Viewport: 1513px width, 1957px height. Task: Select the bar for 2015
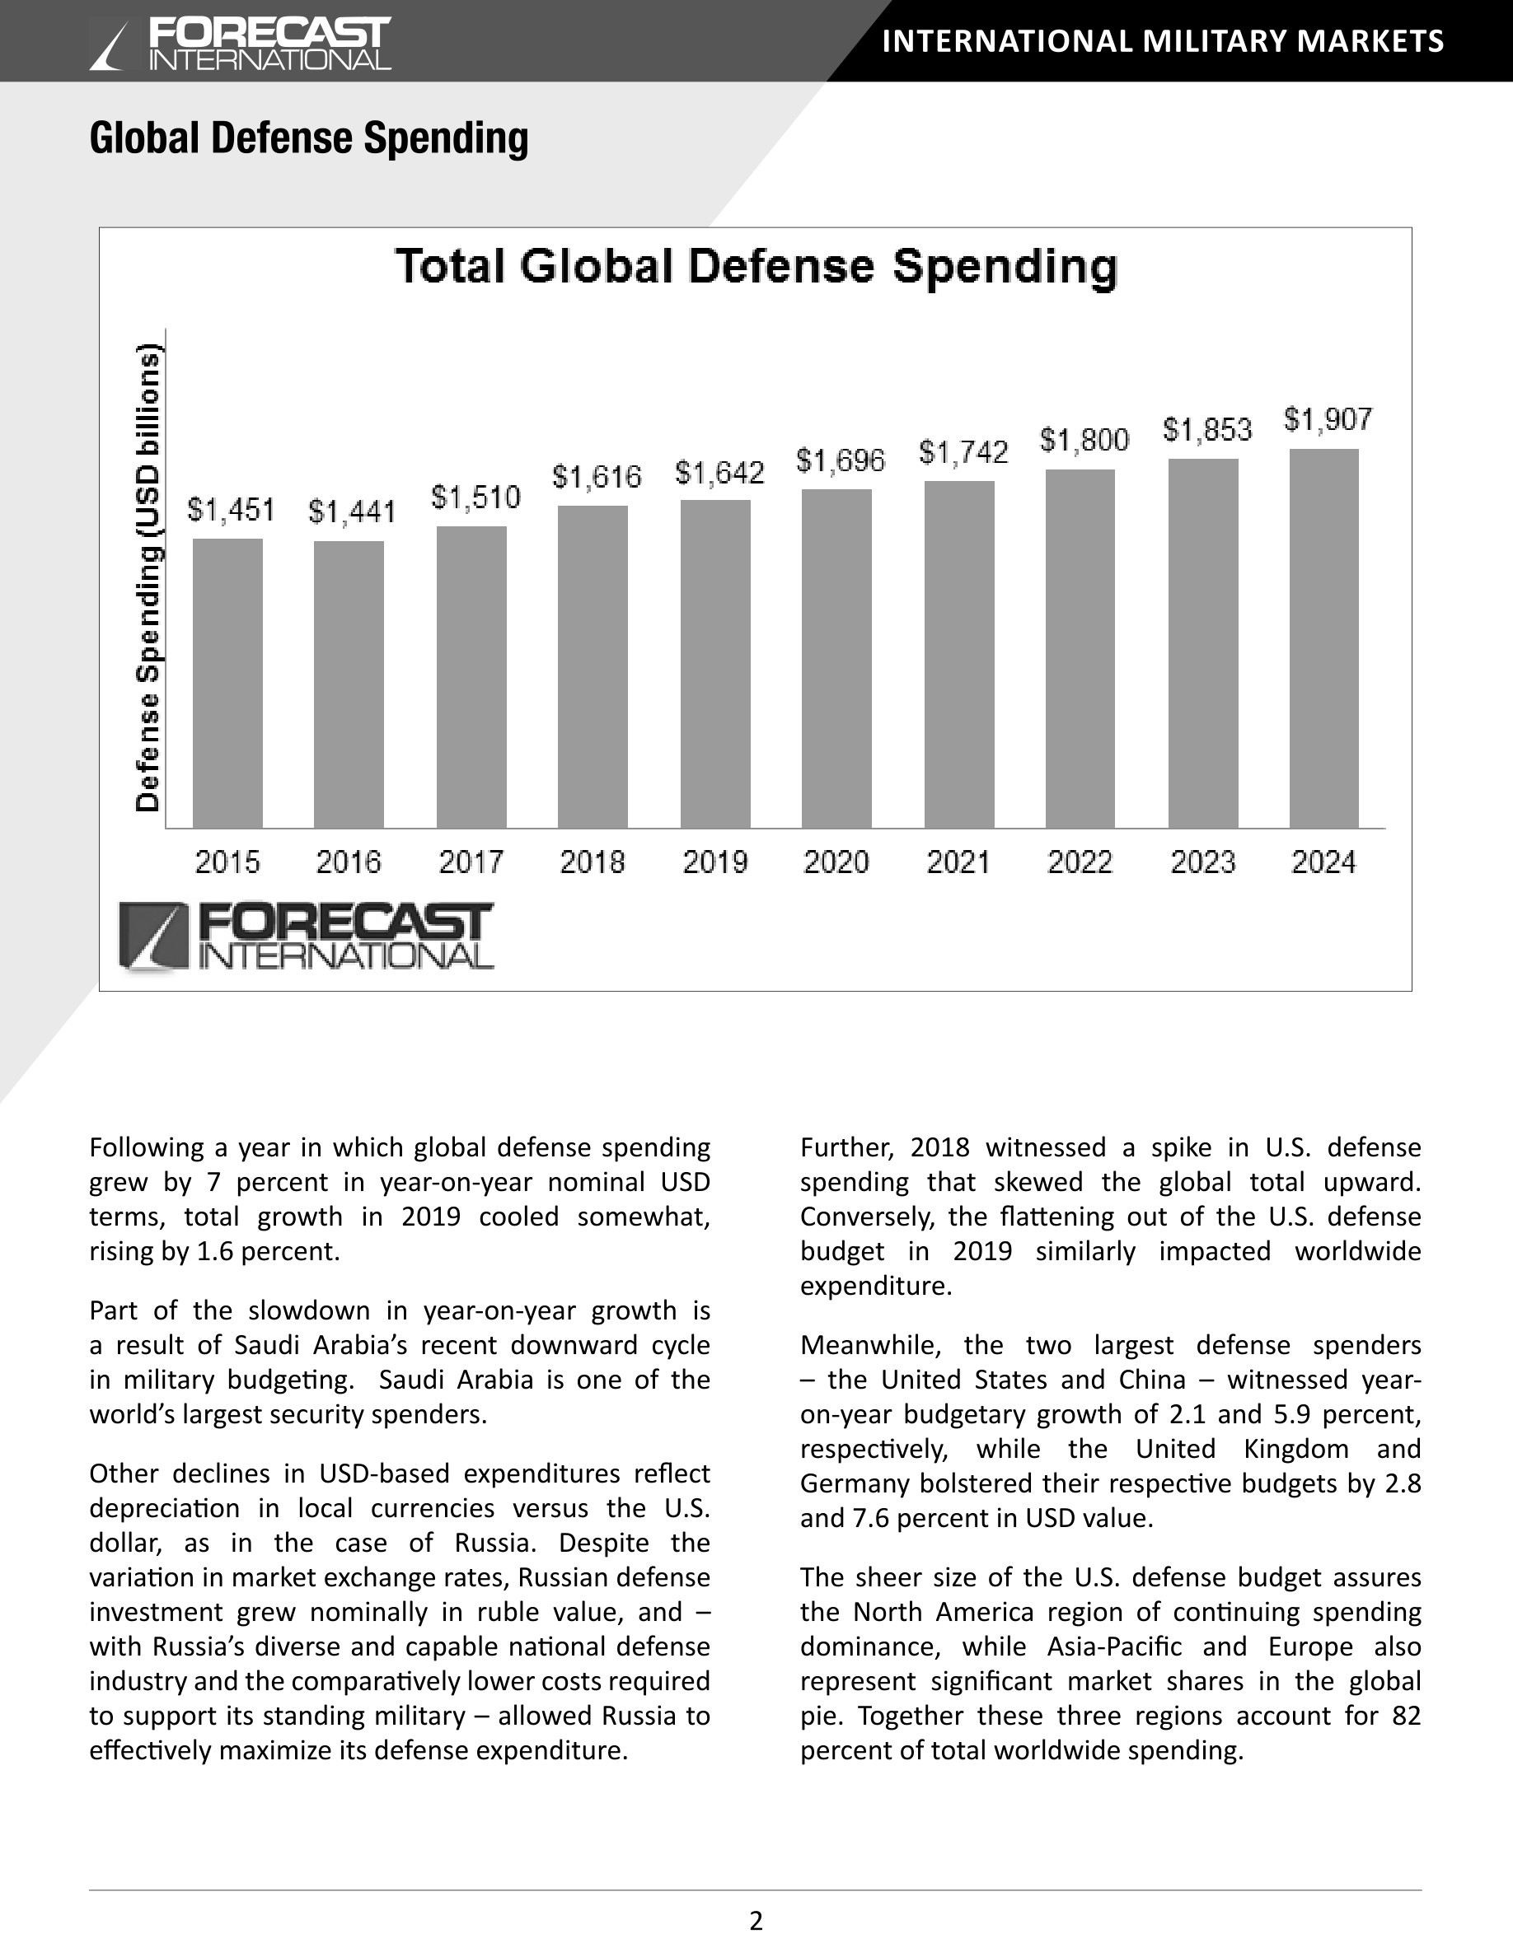pyautogui.click(x=227, y=683)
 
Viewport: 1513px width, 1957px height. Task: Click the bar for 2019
pyautogui.click(x=715, y=664)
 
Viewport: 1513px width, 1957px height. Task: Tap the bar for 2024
pyautogui.click(x=1323, y=638)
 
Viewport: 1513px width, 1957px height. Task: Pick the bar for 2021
pyautogui.click(x=959, y=654)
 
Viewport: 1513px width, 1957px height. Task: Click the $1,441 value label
pyautogui.click(x=351, y=512)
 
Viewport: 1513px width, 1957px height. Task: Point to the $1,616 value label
pyautogui.click(x=596, y=477)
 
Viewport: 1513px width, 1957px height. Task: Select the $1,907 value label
pyautogui.click(x=1328, y=419)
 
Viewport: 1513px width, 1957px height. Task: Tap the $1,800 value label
pyautogui.click(x=1084, y=440)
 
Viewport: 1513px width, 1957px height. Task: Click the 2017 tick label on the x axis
pyautogui.click(x=471, y=862)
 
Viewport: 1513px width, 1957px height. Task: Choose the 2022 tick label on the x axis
pyautogui.click(x=1080, y=862)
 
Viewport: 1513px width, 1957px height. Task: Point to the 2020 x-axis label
pyautogui.click(x=836, y=862)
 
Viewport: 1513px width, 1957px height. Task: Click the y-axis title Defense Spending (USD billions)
pyautogui.click(x=149, y=578)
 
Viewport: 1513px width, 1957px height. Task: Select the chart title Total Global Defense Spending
pyautogui.click(x=756, y=267)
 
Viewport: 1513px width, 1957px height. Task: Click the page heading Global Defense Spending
pyautogui.click(x=309, y=138)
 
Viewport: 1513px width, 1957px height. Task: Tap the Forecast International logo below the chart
pyautogui.click(x=306, y=937)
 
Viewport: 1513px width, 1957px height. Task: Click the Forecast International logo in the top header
pyautogui.click(x=240, y=44)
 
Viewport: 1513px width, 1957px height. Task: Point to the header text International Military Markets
pyautogui.click(x=1164, y=41)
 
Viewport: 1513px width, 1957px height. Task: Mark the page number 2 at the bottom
pyautogui.click(x=756, y=1920)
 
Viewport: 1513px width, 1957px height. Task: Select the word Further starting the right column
pyautogui.click(x=847, y=1148)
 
